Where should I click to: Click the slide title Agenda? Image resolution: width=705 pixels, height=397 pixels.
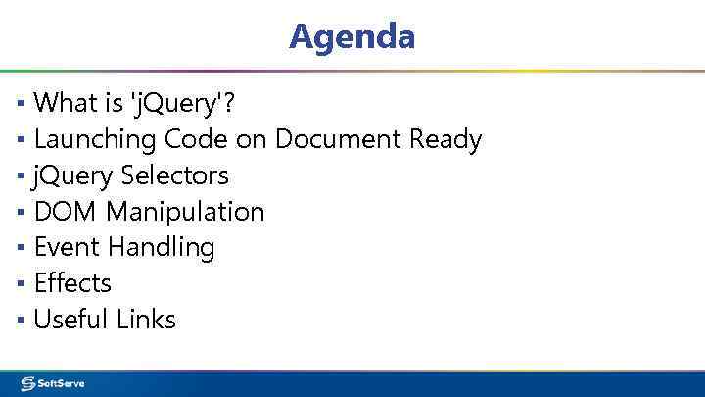coord(352,36)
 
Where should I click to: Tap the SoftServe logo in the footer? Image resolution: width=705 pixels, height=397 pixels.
coord(53,383)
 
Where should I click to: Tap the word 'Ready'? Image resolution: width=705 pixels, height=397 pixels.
coord(446,140)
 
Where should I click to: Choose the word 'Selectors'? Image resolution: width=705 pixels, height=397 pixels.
coord(174,175)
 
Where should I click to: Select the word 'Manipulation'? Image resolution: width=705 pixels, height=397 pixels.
coord(185,212)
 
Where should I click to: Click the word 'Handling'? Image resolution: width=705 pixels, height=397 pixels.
coord(161,248)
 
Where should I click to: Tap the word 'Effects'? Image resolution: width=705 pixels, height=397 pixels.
coord(72,283)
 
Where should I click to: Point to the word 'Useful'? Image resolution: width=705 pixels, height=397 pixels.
coord(70,319)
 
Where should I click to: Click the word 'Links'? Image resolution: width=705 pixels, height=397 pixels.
coord(146,319)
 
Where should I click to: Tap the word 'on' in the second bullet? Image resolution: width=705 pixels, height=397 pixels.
coord(251,140)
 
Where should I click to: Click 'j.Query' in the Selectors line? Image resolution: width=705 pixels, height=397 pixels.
coord(73,176)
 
